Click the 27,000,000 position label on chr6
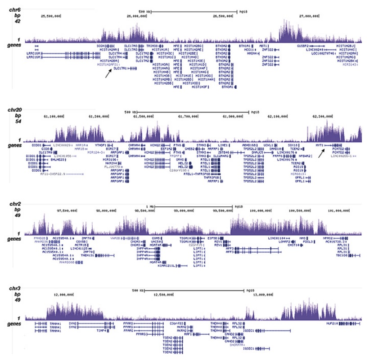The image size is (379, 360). click(x=310, y=16)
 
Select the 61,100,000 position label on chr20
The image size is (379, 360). click(x=53, y=116)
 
